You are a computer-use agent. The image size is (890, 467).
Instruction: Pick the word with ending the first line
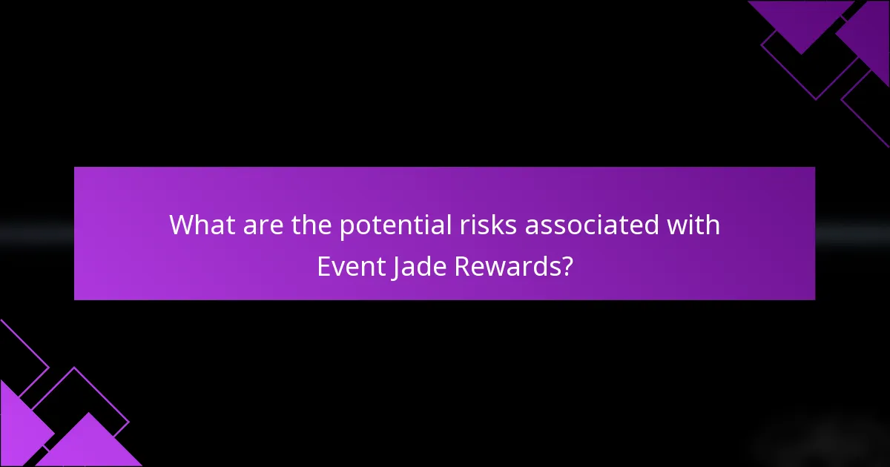(x=696, y=225)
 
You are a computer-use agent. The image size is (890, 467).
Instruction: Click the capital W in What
(x=181, y=225)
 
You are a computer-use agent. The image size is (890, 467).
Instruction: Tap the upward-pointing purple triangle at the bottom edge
(x=89, y=445)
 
